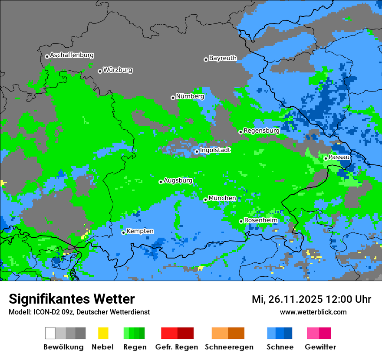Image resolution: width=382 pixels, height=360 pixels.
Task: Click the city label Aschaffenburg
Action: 72,55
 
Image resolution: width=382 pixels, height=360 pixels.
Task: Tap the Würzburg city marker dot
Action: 100,71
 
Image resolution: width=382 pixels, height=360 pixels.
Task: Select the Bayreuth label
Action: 223,58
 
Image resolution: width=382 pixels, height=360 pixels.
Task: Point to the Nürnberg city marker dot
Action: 173,98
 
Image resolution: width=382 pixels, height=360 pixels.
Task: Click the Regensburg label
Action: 261,131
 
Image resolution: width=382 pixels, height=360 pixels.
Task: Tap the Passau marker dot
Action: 326,158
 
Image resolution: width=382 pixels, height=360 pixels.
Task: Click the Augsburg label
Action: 178,180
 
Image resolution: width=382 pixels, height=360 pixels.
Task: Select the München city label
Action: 222,198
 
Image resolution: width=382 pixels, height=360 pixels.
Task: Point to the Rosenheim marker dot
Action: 241,221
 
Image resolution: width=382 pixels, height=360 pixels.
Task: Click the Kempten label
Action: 140,231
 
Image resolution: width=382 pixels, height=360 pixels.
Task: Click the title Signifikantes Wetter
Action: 72,299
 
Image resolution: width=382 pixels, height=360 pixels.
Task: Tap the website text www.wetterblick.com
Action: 313,312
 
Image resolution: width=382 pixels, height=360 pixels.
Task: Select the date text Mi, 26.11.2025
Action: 286,299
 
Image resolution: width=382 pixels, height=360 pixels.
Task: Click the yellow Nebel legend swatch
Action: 103,333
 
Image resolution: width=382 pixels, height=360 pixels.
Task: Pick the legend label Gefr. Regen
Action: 176,347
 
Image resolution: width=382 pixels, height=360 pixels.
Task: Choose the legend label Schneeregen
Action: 229,347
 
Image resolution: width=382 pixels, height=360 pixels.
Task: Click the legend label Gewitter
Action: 320,347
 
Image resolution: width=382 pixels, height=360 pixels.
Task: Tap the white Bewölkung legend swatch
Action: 50,333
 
